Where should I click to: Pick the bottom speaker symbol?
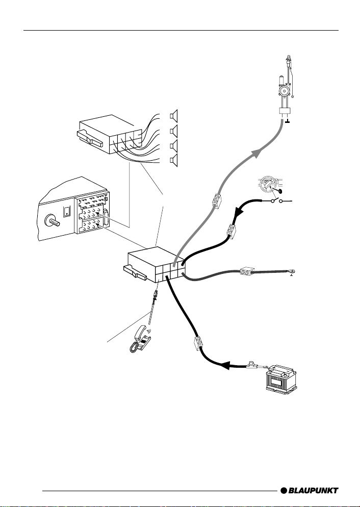(x=174, y=162)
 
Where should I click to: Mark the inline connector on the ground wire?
(x=248, y=272)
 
